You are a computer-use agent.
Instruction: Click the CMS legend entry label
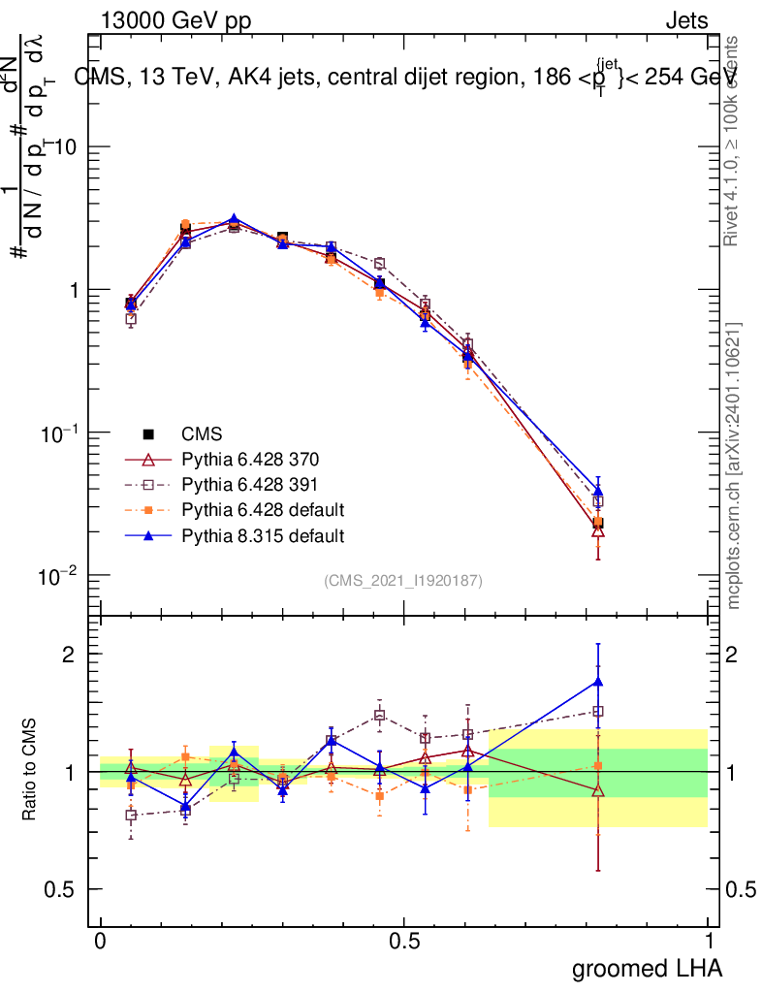[x=202, y=434]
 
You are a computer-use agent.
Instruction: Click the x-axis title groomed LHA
[x=647, y=968]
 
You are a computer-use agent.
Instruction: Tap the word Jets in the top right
[x=685, y=20]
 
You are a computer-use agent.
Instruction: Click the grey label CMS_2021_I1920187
[x=403, y=581]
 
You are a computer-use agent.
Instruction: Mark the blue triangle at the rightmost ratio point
[x=598, y=682]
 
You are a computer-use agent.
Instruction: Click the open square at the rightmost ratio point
[x=598, y=711]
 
